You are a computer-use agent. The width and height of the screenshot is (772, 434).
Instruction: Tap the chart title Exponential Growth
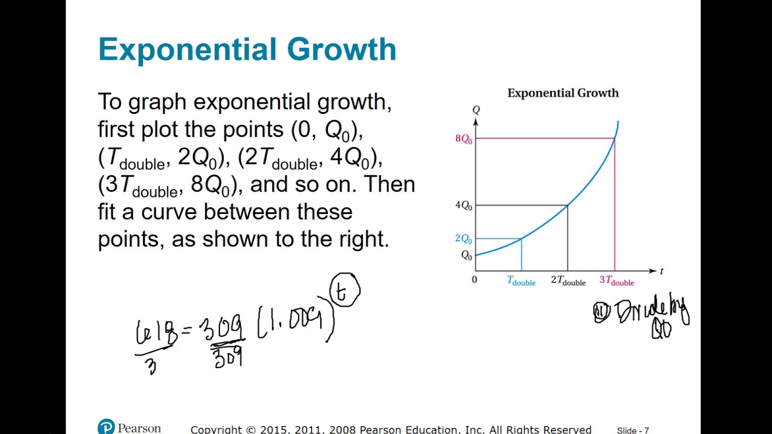coord(563,93)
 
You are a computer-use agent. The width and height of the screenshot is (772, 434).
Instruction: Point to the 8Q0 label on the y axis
coord(463,139)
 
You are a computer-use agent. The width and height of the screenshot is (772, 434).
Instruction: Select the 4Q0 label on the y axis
coord(463,206)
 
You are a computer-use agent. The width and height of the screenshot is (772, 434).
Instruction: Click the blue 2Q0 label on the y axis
coord(463,239)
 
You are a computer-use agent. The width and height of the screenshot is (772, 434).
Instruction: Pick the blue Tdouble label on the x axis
coord(521,281)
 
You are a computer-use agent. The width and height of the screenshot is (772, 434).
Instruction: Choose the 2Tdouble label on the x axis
coord(568,281)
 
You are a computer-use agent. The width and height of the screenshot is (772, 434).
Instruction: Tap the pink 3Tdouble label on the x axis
coord(616,281)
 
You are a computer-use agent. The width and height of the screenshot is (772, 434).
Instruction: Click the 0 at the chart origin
coord(474,280)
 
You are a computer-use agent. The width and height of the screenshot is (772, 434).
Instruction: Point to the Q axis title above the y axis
coord(476,110)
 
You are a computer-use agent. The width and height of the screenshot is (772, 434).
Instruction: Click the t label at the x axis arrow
coord(662,271)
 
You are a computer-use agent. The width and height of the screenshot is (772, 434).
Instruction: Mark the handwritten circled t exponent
coord(344,291)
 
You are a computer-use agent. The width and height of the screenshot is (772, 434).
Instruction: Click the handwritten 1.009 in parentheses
coord(295,322)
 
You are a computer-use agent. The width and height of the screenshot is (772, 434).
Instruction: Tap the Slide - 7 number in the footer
coord(633,430)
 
